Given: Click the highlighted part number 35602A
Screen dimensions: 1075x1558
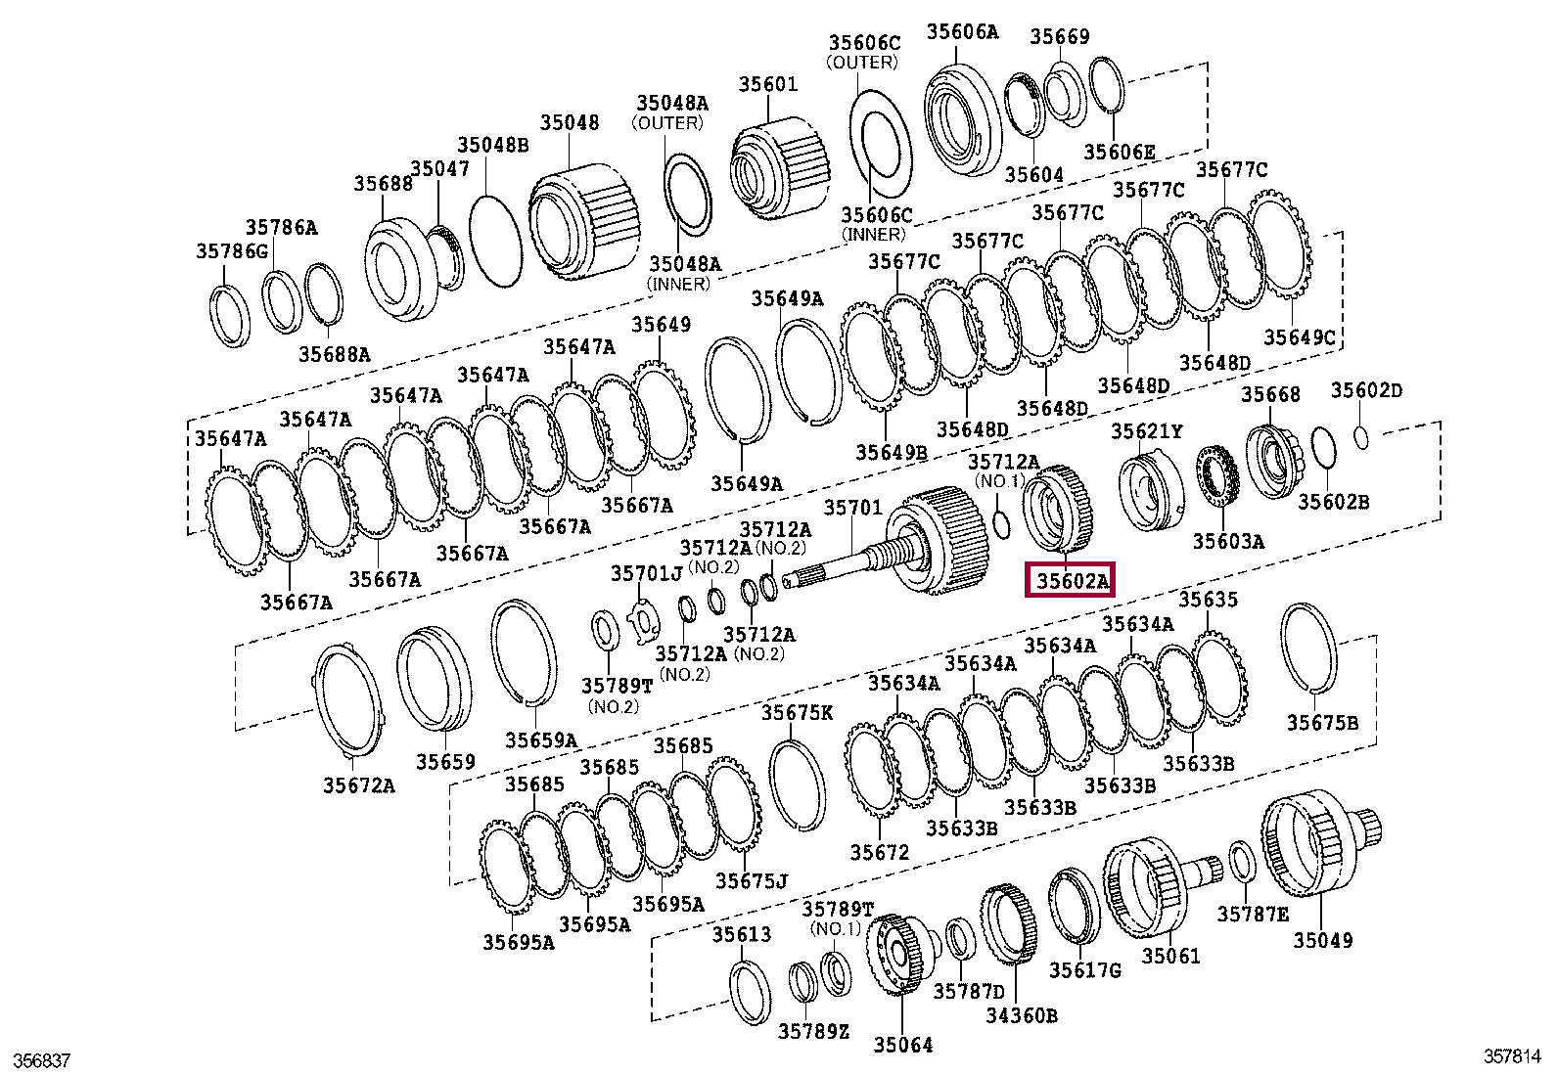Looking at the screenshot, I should [x=1070, y=581].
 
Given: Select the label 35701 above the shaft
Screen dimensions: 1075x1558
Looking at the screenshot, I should [x=852, y=508].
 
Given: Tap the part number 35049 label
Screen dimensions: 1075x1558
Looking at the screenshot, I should [x=1322, y=940].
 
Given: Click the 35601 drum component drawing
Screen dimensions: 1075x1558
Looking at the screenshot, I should [x=782, y=171].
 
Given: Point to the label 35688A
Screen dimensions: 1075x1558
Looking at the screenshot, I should [x=335, y=354].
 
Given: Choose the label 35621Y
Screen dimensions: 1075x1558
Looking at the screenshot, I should [x=1146, y=431].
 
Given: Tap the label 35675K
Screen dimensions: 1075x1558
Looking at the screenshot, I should [x=797, y=713].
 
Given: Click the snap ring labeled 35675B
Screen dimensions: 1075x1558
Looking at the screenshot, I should [x=1309, y=648].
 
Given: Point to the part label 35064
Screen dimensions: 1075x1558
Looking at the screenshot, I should [x=902, y=1045].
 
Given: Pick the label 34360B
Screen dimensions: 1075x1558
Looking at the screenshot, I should [x=1021, y=1015].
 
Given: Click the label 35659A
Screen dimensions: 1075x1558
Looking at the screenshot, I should [x=541, y=740].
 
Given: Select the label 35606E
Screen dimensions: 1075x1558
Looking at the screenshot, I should [x=1119, y=152].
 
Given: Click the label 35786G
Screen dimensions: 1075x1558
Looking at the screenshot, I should [x=231, y=251].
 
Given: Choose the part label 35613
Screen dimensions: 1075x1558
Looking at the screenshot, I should [x=741, y=934].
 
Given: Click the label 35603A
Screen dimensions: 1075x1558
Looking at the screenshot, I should [x=1227, y=541].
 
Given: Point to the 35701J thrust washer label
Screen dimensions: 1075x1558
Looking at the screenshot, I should [x=646, y=573].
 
